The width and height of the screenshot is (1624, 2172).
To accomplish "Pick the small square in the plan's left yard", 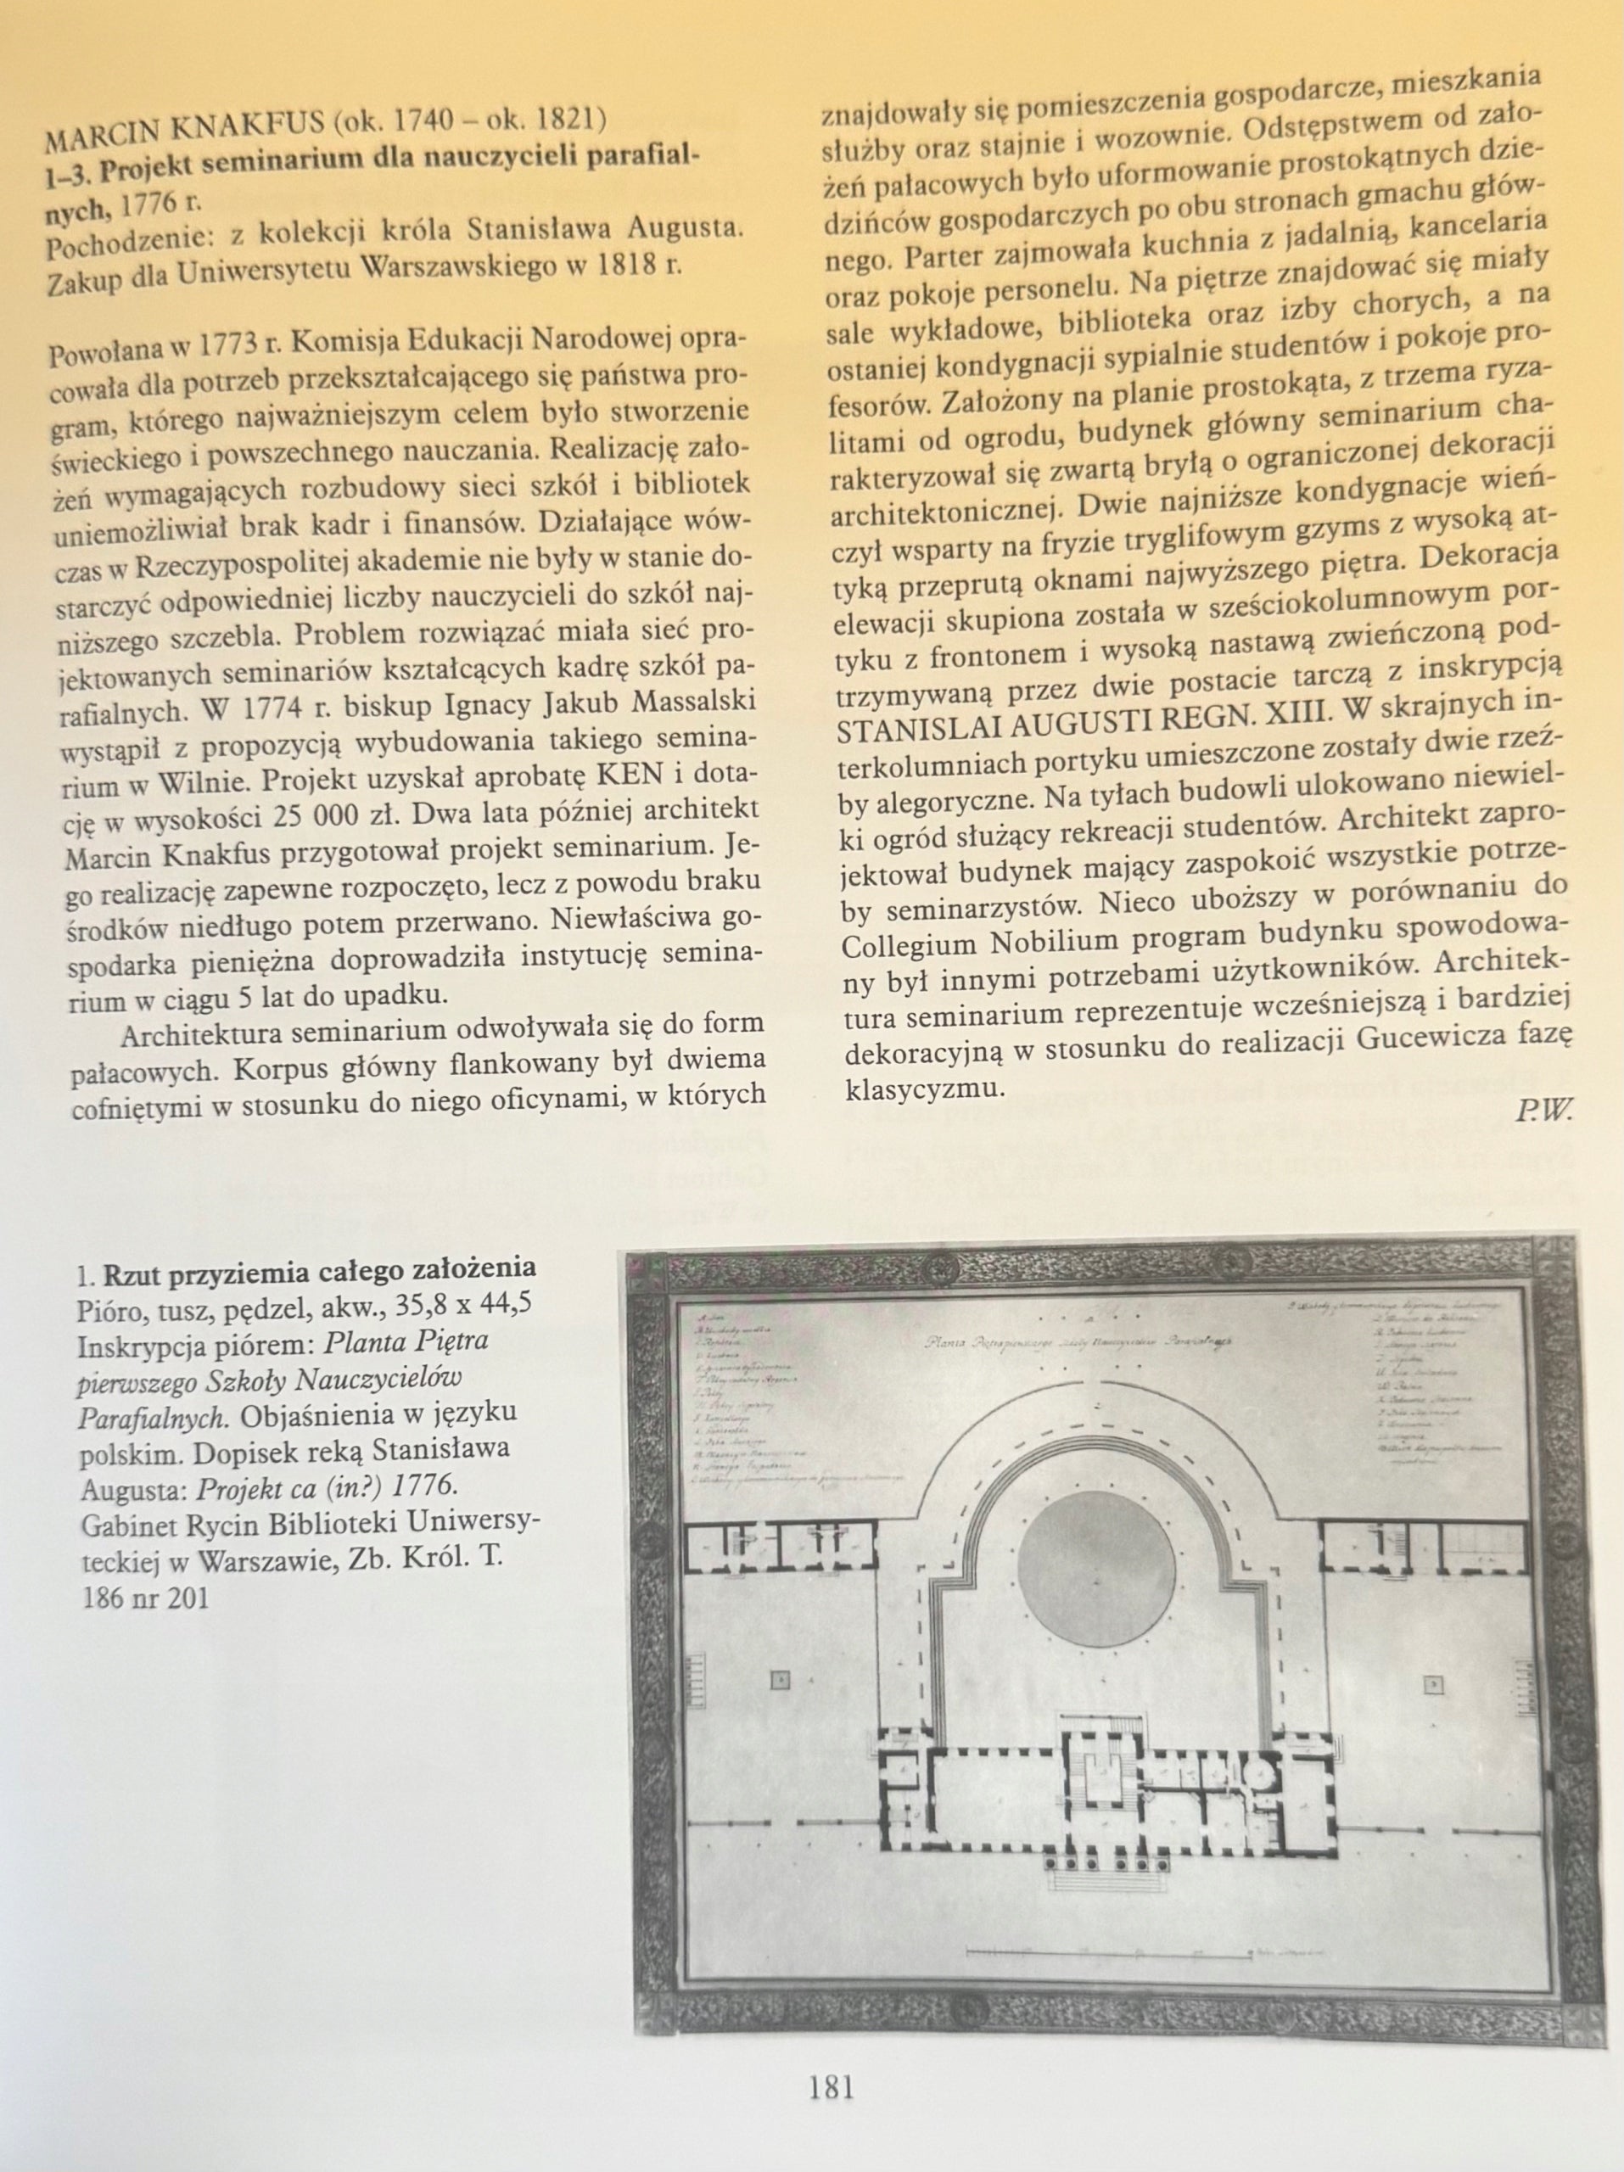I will (x=781, y=1653).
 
